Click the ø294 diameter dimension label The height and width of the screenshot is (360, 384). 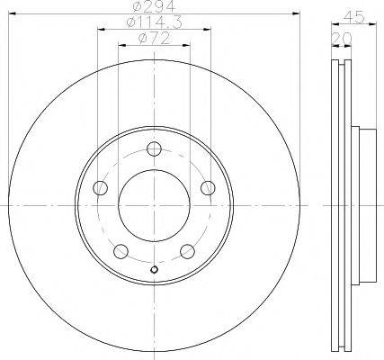[x=154, y=6]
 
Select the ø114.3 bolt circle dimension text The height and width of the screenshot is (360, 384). [x=155, y=22]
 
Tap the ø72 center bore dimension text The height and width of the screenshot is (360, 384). [x=155, y=39]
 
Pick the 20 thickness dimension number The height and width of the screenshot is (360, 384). [x=342, y=38]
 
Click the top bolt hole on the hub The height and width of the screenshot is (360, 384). [x=155, y=148]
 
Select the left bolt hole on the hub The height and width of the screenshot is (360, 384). [x=100, y=188]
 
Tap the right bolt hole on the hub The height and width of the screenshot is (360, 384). [x=208, y=188]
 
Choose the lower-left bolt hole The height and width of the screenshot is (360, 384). [x=121, y=251]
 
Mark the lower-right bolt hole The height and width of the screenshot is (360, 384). [x=188, y=251]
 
